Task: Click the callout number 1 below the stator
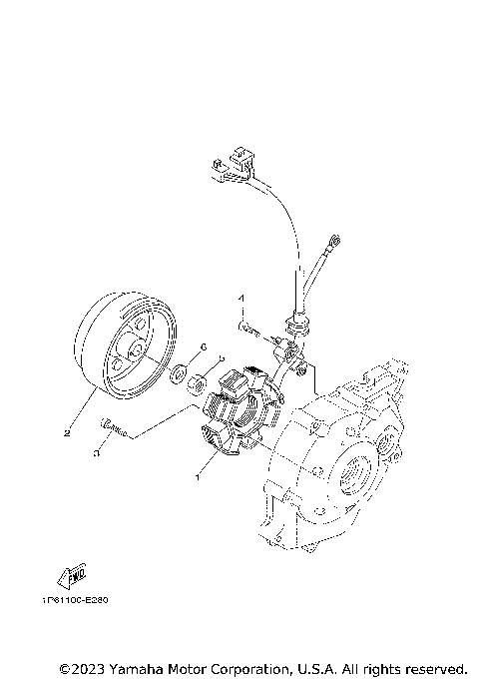[199, 476]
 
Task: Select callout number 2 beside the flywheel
[67, 433]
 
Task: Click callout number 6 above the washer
[203, 346]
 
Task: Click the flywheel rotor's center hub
[131, 352]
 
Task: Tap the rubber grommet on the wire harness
[296, 326]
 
